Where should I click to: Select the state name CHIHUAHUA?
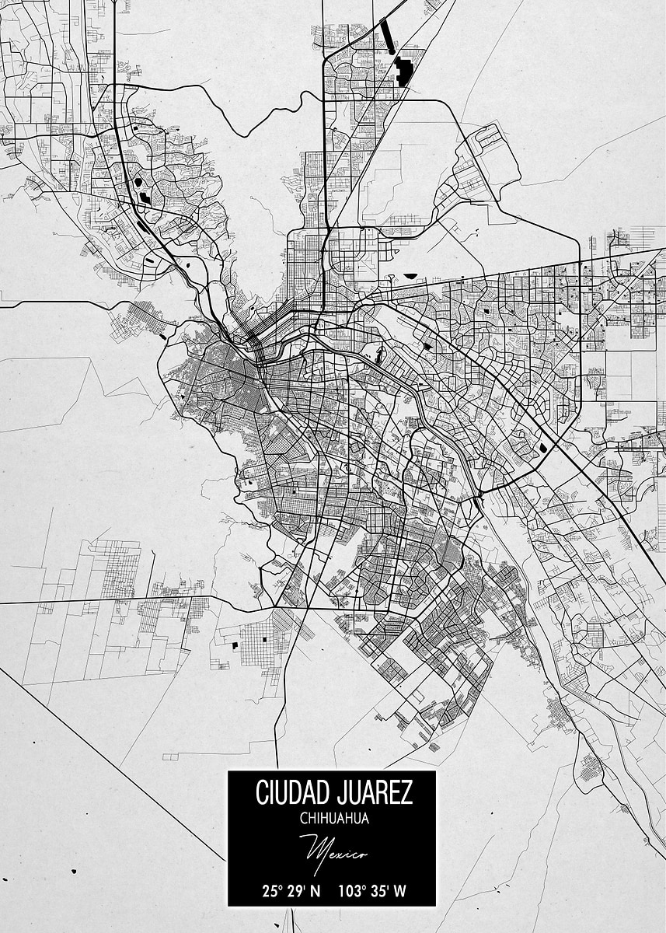pos(333,818)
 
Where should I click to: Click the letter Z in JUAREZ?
pos(407,793)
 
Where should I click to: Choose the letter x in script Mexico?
pos(343,853)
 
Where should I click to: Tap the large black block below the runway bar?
pos(403,72)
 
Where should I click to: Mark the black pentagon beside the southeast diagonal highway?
pos(542,448)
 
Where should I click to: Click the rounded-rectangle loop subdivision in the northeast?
pos(495,152)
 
